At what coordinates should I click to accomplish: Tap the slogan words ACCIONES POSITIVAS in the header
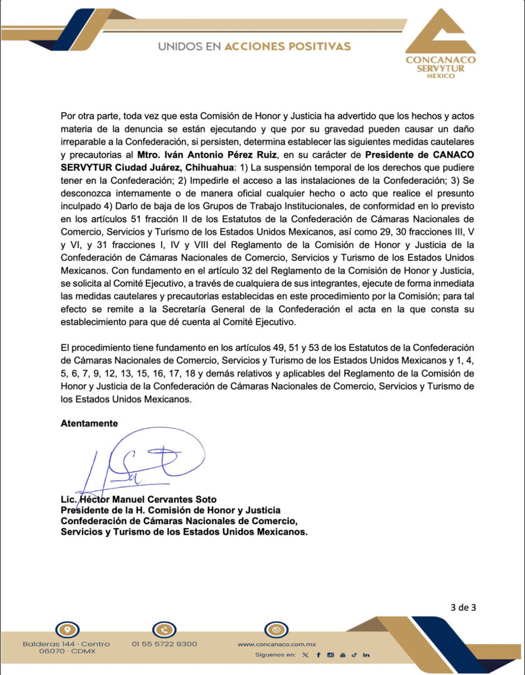point(288,46)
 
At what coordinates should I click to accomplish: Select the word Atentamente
point(89,423)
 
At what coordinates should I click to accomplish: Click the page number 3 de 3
point(463,608)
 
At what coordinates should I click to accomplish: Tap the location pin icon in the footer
point(64,628)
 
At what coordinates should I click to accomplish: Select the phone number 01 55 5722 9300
point(164,643)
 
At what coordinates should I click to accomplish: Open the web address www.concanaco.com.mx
point(277,643)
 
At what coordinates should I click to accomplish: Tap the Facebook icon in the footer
point(318,655)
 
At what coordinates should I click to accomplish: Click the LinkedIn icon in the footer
point(366,655)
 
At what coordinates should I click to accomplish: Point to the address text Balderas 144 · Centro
point(66,643)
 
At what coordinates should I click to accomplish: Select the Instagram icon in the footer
point(330,655)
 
